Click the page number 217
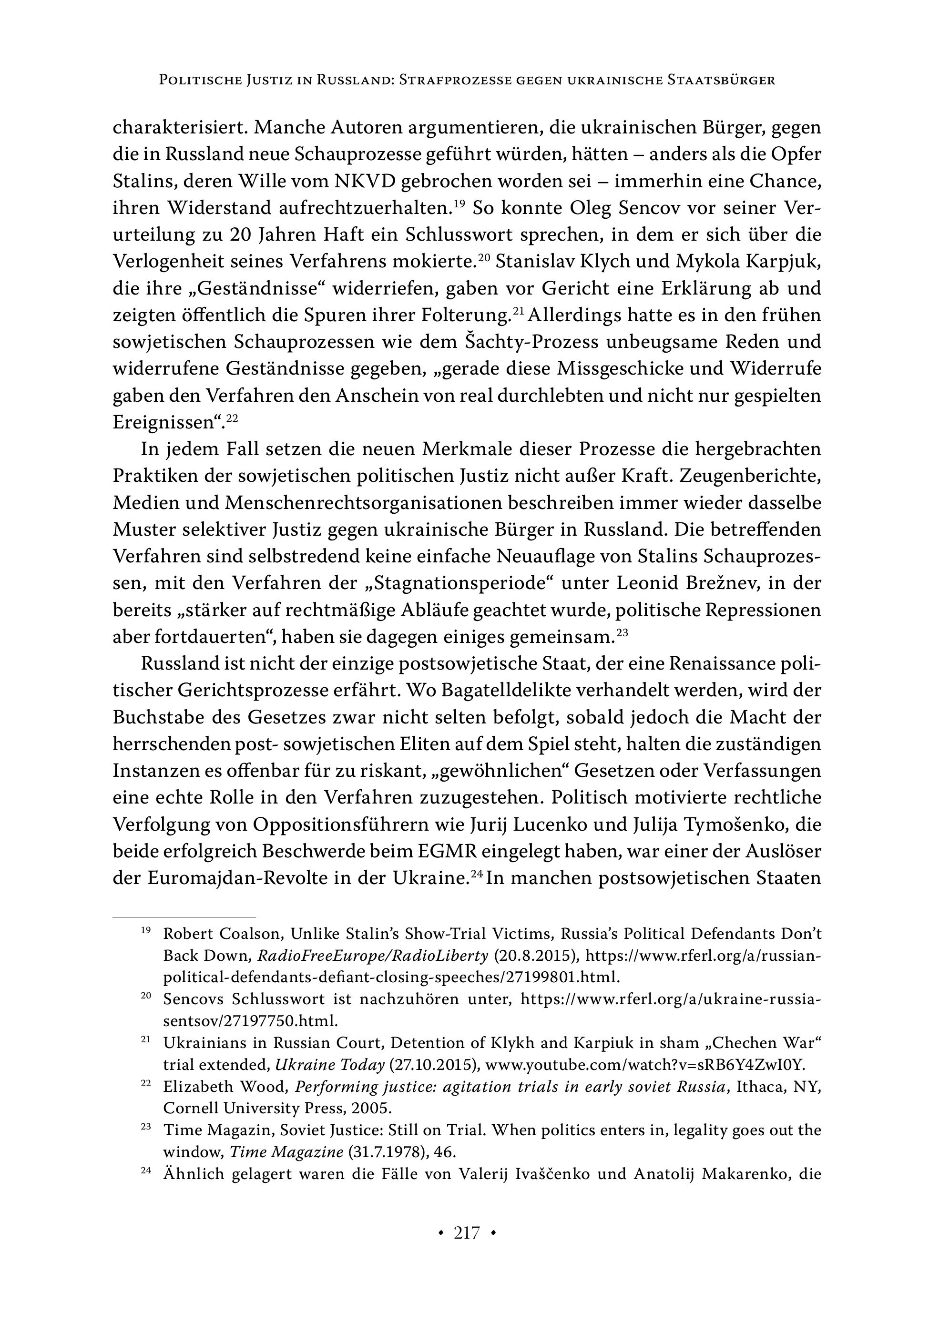click(466, 1232)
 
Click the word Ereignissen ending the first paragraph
click(164, 422)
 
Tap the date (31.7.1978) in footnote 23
click(382, 1152)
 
